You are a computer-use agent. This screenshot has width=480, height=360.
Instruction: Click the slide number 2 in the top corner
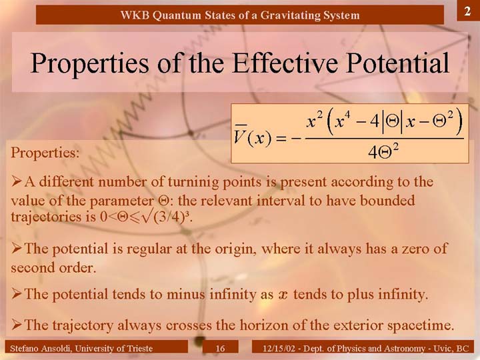467,11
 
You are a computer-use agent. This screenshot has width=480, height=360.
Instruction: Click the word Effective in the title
285,63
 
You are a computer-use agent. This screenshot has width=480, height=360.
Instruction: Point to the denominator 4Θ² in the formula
383,151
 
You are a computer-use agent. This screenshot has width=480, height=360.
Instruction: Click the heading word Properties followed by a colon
45,153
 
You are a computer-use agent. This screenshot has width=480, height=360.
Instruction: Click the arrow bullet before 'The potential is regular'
17,249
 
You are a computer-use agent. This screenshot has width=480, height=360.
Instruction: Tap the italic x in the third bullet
283,295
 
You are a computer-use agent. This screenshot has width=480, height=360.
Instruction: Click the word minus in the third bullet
186,294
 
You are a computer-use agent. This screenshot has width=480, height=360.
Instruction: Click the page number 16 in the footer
220,348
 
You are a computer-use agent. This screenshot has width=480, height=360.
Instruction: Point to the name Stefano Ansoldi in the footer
41,349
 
